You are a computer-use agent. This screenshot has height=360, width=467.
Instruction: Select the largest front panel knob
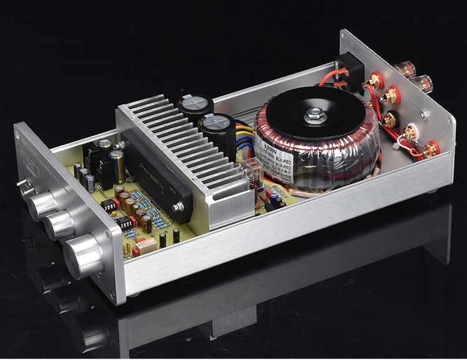[84, 255]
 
